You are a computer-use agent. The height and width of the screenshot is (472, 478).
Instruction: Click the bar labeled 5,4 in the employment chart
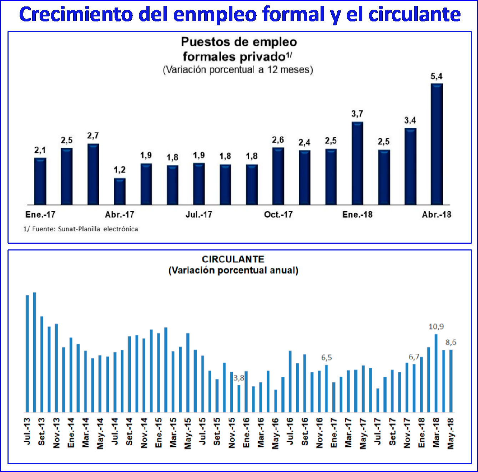click(x=437, y=144)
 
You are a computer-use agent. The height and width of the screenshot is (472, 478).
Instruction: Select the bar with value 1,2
click(x=120, y=192)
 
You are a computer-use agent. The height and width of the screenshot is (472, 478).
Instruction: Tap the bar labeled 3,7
click(x=357, y=163)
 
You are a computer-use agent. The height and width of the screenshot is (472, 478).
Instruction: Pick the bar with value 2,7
click(x=93, y=174)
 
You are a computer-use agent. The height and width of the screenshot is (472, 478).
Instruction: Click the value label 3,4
click(x=410, y=120)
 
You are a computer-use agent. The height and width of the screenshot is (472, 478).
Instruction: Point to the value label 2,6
click(x=278, y=140)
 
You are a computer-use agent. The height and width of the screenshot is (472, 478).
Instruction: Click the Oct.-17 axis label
click(x=278, y=215)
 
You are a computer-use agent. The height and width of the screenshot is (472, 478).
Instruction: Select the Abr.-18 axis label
click(x=436, y=215)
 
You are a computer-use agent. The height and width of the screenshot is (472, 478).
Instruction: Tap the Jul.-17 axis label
click(x=199, y=215)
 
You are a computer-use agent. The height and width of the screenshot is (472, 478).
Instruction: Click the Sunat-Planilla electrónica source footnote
click(x=81, y=229)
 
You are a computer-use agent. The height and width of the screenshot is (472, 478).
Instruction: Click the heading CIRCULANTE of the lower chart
click(x=233, y=259)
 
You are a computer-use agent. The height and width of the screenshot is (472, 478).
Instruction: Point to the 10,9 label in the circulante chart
click(x=436, y=327)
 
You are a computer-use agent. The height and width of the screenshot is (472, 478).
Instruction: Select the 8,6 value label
click(x=451, y=342)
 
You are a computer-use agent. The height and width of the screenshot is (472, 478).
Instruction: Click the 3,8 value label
click(x=239, y=378)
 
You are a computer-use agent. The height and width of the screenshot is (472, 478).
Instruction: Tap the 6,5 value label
click(x=326, y=358)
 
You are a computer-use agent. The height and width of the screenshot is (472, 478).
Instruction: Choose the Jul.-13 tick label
click(x=27, y=432)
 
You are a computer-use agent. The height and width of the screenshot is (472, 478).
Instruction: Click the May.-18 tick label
click(x=451, y=433)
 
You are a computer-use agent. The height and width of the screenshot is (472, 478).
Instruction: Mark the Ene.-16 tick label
click(x=246, y=433)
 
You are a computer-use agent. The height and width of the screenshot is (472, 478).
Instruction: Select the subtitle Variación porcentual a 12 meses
click(x=238, y=70)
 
